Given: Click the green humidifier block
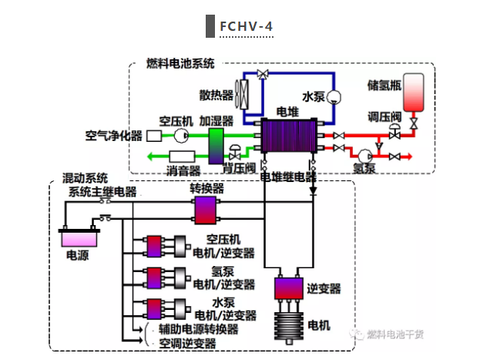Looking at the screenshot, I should pyautogui.click(x=216, y=140).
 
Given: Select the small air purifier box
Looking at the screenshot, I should pyautogui.click(x=153, y=136).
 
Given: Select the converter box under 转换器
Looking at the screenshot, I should pyautogui.click(x=206, y=208).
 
